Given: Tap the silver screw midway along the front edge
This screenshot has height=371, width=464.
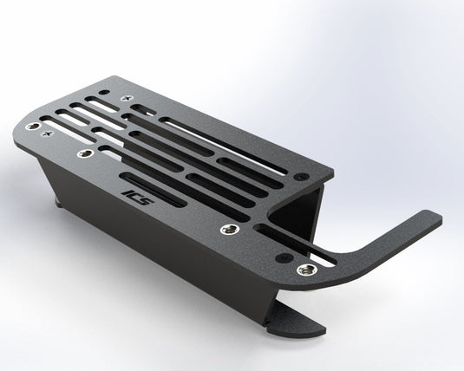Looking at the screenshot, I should click(x=228, y=230).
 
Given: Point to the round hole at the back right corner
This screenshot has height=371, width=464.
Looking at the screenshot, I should click(x=300, y=176).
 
